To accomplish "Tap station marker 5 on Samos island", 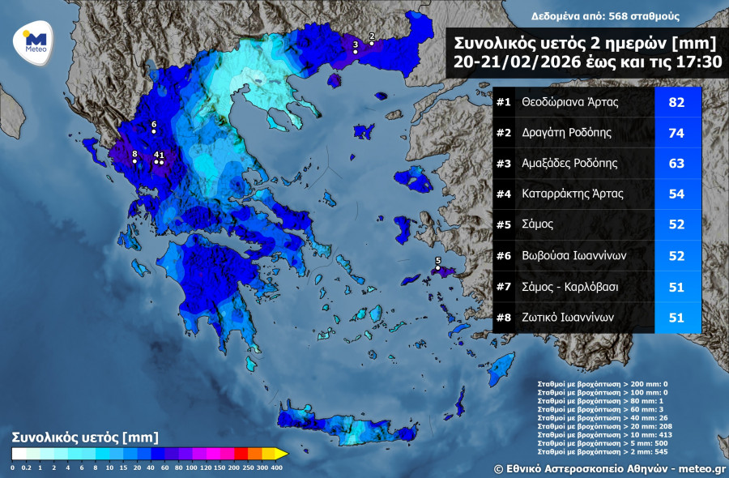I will [x=438, y=268].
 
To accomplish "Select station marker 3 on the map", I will [x=355, y=52].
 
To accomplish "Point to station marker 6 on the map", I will [x=153, y=132].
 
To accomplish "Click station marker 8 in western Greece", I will [x=134, y=161].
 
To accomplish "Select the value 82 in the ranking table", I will [x=677, y=102].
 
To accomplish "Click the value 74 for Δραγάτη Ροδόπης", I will [x=677, y=133].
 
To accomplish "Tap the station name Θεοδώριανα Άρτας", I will [x=570, y=102].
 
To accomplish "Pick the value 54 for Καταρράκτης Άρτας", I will [x=677, y=194].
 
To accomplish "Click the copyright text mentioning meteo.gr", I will [x=609, y=468].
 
